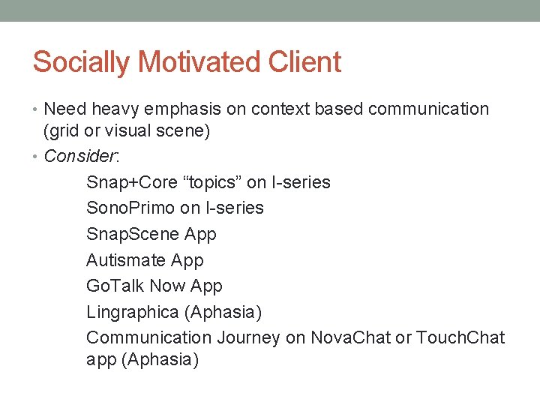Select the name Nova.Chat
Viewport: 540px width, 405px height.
[352, 337]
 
